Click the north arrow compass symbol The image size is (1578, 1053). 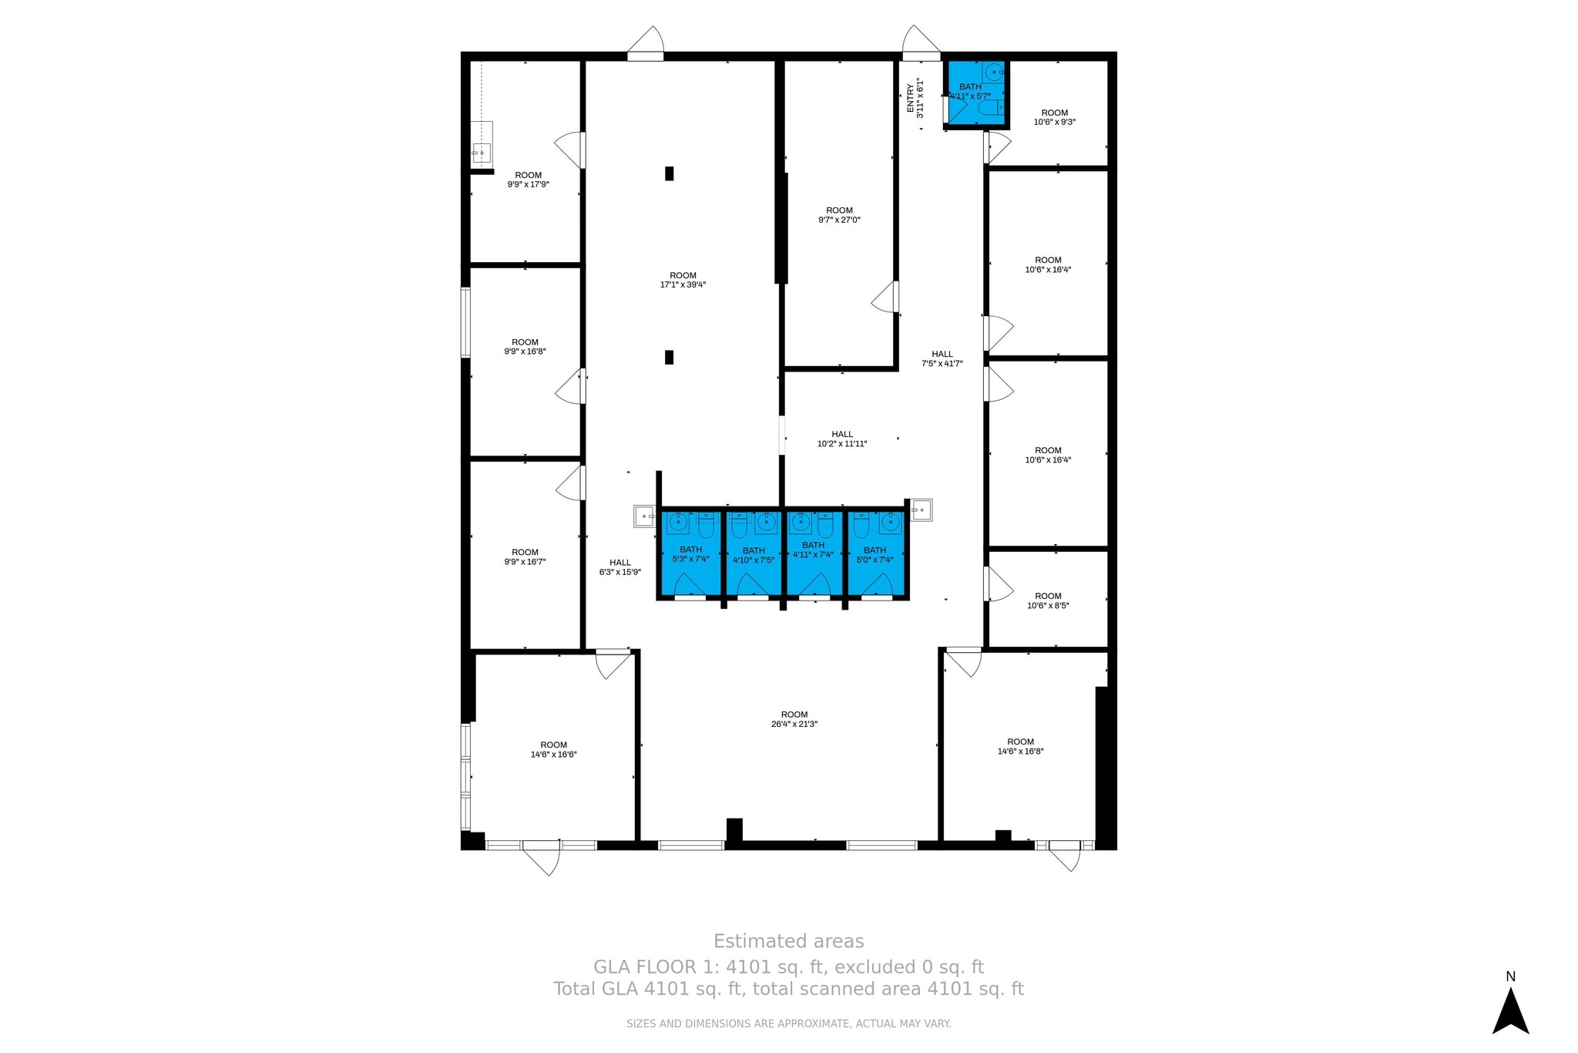(x=1510, y=1010)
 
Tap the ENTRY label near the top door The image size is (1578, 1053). (x=915, y=99)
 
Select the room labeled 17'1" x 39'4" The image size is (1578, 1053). (x=683, y=280)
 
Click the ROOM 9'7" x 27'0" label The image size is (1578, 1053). (x=839, y=215)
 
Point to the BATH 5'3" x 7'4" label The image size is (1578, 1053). (x=690, y=554)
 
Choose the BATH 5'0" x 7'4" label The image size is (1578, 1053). (x=875, y=555)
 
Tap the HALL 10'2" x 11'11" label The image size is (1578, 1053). (x=842, y=439)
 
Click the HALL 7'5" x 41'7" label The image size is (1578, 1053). (x=942, y=358)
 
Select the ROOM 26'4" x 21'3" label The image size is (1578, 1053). (x=794, y=719)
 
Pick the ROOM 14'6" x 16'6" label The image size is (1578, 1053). (x=553, y=749)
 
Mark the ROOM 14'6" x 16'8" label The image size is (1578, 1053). (x=1020, y=746)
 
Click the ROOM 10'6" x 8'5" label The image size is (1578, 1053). (x=1048, y=601)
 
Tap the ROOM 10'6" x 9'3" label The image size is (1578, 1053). (x=1054, y=117)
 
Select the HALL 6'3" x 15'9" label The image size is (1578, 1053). (x=620, y=567)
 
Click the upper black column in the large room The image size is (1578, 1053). (x=669, y=173)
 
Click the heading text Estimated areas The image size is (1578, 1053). (x=788, y=941)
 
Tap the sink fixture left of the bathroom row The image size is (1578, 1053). (x=643, y=516)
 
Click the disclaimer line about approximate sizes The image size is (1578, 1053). (x=788, y=1024)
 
